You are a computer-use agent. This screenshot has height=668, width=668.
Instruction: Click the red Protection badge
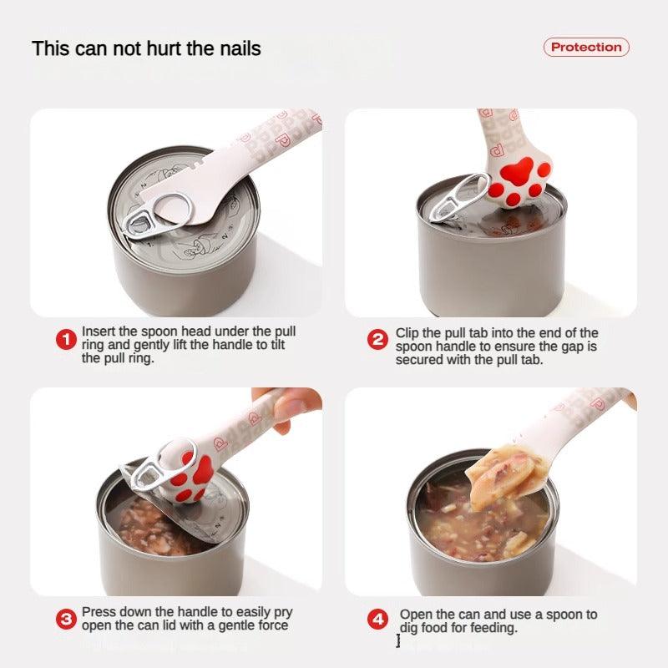[586, 47]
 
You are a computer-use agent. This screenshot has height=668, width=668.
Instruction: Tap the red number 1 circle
[66, 340]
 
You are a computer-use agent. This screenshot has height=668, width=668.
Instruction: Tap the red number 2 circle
[378, 340]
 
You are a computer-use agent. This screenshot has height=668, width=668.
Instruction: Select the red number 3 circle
[66, 620]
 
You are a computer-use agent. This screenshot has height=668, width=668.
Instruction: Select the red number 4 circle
[378, 620]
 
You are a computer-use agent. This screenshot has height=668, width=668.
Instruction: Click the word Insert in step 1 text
[99, 331]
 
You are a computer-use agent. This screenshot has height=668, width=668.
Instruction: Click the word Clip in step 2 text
[409, 332]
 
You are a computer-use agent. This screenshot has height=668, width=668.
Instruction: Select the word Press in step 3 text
[99, 612]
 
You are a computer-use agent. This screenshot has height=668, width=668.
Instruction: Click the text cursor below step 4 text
[398, 641]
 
